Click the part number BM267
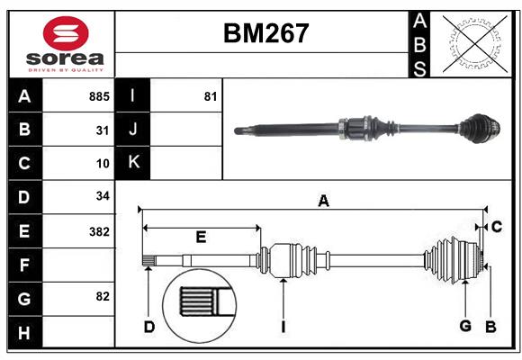pos(266,33)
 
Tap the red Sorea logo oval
pos(66,33)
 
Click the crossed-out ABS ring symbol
pos(475,44)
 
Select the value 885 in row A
pos(99,96)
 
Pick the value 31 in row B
pos(103,130)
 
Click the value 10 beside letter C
pos(103,164)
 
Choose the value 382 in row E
pos(99,231)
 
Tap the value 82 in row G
pos(103,296)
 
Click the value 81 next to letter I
pos(211,96)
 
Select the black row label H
pos(25,332)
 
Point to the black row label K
pos(133,163)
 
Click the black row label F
pos(25,265)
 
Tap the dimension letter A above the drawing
pos(323,201)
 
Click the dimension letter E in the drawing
pos(201,237)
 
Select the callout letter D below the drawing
pos(149,327)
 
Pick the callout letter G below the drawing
pos(465,326)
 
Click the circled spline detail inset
pos(200,306)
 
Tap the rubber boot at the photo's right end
pos(480,129)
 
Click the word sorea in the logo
pos(65,58)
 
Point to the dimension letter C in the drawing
pos(497,227)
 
